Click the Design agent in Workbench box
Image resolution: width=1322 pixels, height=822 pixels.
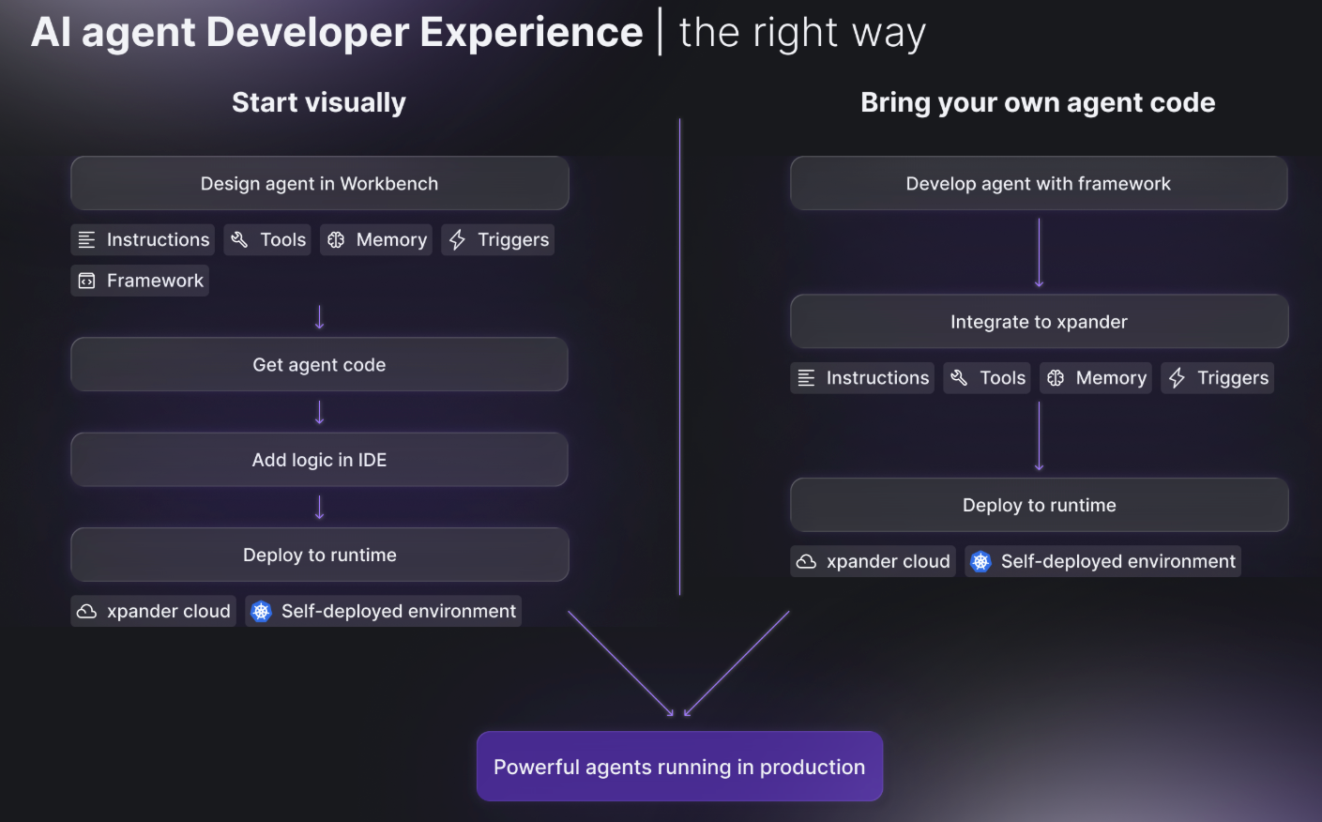[319, 183]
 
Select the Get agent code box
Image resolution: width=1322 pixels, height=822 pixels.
[319, 364]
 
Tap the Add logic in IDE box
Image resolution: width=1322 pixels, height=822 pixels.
[319, 459]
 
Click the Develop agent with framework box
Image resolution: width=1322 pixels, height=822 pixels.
[1039, 183]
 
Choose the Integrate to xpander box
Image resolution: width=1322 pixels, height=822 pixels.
[1039, 321]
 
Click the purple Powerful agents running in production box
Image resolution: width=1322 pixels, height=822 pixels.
[679, 766]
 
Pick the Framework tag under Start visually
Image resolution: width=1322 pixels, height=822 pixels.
[140, 281]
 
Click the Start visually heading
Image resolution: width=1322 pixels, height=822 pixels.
[319, 102]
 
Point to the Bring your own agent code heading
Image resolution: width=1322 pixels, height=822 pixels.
[1038, 102]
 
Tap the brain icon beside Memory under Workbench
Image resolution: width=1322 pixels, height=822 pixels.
[336, 239]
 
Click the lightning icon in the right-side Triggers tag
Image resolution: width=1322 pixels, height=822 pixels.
[1177, 377]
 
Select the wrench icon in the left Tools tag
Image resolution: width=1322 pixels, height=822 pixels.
[239, 239]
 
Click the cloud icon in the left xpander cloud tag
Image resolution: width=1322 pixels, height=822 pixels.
[86, 611]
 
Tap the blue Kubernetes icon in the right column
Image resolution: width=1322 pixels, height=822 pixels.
[980, 561]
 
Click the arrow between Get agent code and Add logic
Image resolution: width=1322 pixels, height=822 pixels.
[319, 413]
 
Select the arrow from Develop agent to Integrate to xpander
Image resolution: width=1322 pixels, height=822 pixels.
[1040, 252]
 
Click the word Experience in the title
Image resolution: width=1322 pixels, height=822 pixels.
[531, 32]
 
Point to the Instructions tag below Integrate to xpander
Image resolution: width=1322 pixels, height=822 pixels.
[862, 377]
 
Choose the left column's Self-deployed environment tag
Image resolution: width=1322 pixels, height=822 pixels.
[383, 611]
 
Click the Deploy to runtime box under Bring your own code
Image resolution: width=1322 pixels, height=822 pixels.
[1040, 505]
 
